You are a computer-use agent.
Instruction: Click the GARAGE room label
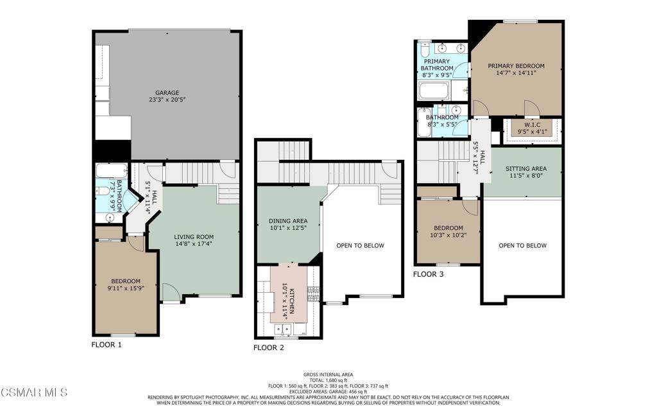tap(167, 92)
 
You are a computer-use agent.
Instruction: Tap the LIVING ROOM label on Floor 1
tap(193, 237)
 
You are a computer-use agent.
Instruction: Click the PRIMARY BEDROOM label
tap(516, 66)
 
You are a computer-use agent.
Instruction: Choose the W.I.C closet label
tap(532, 125)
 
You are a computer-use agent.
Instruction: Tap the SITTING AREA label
tap(525, 168)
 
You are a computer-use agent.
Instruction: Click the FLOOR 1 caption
tap(107, 345)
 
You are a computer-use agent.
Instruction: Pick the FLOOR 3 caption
tap(429, 274)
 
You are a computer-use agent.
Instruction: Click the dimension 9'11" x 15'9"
tap(126, 288)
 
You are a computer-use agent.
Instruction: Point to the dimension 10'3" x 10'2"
tap(448, 235)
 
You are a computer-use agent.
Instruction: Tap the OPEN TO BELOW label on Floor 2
tap(360, 245)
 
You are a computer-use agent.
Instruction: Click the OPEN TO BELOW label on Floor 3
tap(522, 245)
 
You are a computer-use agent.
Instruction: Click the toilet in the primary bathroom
tap(424, 49)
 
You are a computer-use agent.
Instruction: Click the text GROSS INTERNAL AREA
tap(328, 374)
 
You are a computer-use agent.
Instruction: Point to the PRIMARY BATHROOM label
tap(436, 65)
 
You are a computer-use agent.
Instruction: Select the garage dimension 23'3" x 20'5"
tap(167, 100)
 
